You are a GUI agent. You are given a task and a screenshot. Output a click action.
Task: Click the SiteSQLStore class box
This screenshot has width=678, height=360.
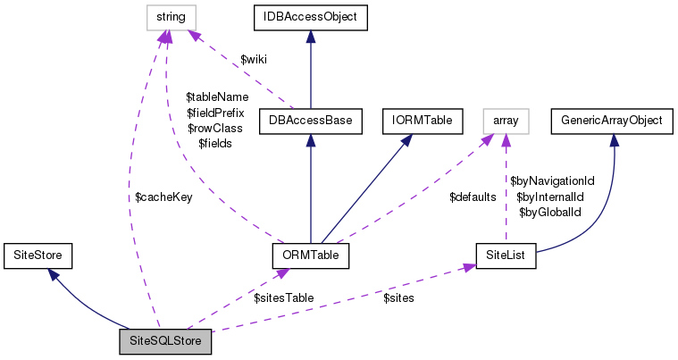pyautogui.click(x=165, y=341)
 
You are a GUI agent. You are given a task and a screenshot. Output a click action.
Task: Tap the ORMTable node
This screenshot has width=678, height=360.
pyautogui.click(x=309, y=255)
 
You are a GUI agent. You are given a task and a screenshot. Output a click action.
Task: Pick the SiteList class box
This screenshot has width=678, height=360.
pyautogui.click(x=506, y=255)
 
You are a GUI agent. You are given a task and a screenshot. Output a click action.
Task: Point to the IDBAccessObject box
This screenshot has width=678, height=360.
pyautogui.click(x=309, y=15)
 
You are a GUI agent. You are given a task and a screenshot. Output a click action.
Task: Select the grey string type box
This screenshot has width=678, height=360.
pyautogui.click(x=172, y=15)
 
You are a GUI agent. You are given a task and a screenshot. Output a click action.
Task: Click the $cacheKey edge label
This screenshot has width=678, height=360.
pyautogui.click(x=163, y=197)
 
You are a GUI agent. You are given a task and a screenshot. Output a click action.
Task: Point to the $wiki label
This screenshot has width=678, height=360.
pyautogui.click(x=255, y=59)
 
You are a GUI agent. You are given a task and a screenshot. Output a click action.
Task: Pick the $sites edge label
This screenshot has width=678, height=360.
pyautogui.click(x=398, y=297)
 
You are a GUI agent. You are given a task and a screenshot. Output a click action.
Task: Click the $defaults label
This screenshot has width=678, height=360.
pyautogui.click(x=473, y=197)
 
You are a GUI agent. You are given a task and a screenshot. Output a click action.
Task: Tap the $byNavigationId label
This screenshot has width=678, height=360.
pyautogui.click(x=552, y=180)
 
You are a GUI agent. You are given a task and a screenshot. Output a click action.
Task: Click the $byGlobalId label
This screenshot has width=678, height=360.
pyautogui.click(x=550, y=212)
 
